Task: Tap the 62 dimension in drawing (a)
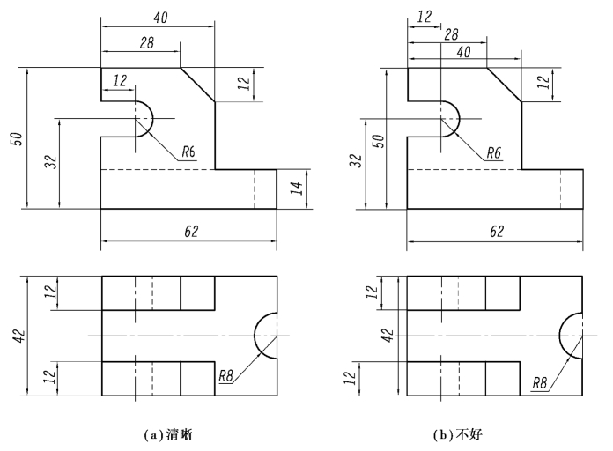coord(190,231)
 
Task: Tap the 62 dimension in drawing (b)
coord(496,231)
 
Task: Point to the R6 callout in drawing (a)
coord(188,152)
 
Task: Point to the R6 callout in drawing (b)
coord(495,152)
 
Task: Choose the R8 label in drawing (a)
coord(226,377)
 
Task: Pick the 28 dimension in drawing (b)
coord(451,33)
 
